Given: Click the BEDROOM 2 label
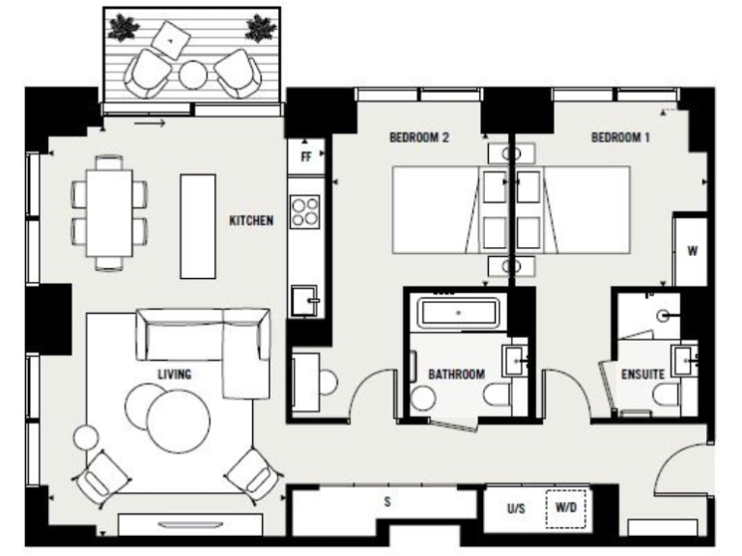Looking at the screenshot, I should point(419,138).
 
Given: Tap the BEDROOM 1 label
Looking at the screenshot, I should point(620,138).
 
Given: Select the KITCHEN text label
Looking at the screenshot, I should point(251,221).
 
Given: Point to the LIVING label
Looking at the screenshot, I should point(175,374).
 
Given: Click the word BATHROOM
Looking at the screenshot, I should point(456,374).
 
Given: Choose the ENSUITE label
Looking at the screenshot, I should point(642,374).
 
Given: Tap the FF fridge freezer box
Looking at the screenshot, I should point(305,156).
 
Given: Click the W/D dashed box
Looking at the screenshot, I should point(565,508).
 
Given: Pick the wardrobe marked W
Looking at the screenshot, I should point(692,251).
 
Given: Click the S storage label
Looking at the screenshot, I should point(387,502).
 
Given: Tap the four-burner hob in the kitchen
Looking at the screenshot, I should point(306,211).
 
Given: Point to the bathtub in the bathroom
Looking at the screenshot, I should point(457,315).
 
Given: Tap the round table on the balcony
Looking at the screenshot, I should point(194,73).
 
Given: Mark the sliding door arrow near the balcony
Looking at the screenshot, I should point(149,123).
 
